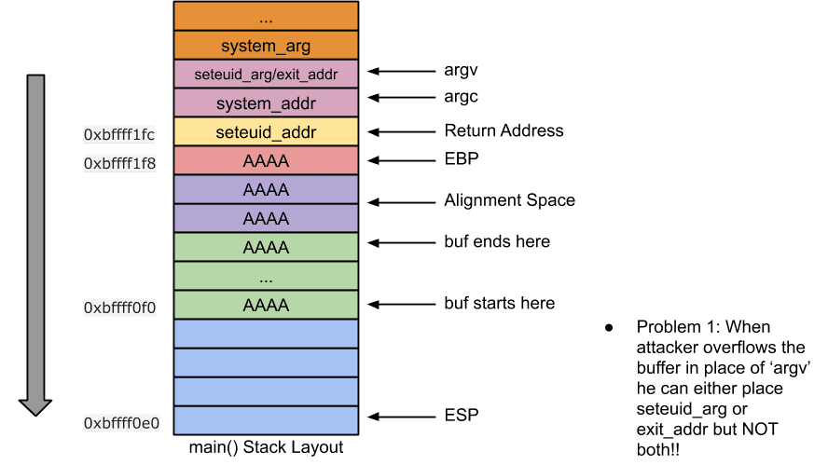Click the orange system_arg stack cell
coord(266,46)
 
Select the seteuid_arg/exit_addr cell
coord(266,74)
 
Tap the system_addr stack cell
coord(266,103)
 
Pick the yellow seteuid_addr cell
coord(266,131)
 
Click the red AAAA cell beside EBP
coord(266,160)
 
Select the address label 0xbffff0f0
coord(119,307)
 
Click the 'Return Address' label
coord(504,130)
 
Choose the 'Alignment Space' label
coord(509,200)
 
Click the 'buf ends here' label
coord(497,242)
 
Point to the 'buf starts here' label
coord(499,304)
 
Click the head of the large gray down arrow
coord(35,404)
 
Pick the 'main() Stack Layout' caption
coord(266,447)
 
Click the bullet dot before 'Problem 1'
coord(609,328)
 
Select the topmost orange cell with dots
coord(266,17)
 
